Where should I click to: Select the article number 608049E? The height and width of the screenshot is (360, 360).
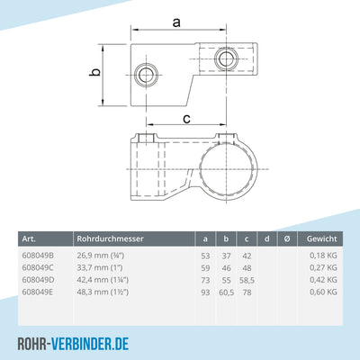tap(40, 292)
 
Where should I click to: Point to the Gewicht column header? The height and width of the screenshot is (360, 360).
tap(321, 238)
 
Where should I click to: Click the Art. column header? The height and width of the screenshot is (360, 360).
tap(29, 238)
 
